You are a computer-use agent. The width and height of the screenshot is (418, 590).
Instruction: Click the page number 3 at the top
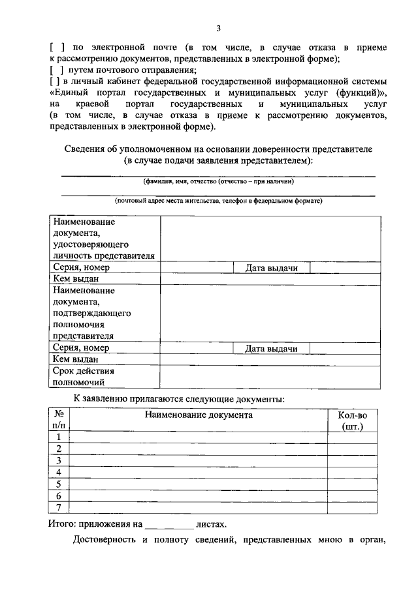point(219,27)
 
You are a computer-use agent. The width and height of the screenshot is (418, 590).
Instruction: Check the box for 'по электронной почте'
point(56,48)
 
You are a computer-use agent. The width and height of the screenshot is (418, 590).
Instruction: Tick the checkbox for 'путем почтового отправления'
point(56,70)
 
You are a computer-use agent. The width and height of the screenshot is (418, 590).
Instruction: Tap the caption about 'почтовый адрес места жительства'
point(218,201)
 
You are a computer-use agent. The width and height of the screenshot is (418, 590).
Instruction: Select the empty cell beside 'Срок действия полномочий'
point(268,377)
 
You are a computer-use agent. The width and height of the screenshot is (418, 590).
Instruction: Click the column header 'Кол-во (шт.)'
point(352,420)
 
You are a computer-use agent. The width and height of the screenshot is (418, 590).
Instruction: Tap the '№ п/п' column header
point(59,420)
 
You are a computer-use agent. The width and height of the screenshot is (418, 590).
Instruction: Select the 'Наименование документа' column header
point(199,415)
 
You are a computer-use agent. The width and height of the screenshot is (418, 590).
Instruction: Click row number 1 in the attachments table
point(59,437)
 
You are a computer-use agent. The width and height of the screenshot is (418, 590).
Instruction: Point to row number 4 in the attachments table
point(59,472)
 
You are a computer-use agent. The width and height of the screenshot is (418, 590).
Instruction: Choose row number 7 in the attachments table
point(59,507)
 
